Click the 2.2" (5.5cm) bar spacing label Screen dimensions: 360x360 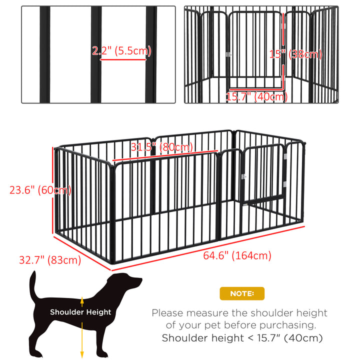(121, 51)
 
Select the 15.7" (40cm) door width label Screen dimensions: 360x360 (256, 96)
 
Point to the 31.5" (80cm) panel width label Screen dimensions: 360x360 (162, 147)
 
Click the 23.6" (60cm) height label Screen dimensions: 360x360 (40, 190)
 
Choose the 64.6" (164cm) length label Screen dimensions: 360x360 (237, 255)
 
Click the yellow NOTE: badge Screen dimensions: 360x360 (242, 293)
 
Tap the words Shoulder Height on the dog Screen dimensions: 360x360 (80, 312)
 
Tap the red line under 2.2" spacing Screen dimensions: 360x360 (123, 59)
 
